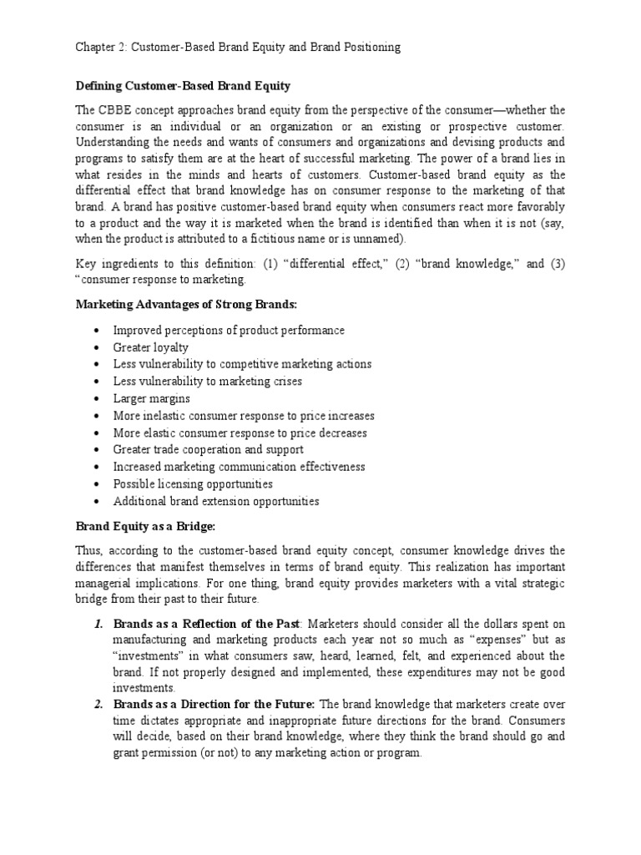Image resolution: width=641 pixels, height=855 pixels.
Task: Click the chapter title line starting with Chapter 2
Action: coord(238,48)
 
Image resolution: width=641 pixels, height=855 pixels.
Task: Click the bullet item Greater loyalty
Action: coord(150,347)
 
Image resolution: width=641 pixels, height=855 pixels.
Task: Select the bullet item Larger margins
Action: coord(151,398)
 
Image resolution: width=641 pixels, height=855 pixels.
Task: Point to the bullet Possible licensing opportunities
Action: coord(193,483)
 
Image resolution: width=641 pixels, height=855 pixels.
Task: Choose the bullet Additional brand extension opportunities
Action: coord(216,501)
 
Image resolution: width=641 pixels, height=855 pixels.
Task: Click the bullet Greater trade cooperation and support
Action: coord(208,449)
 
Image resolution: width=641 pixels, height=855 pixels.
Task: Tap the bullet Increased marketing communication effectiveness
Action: coord(239,467)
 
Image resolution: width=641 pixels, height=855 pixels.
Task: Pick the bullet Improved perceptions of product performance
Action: coord(229,330)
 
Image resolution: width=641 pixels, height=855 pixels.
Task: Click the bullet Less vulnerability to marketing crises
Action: coord(208,382)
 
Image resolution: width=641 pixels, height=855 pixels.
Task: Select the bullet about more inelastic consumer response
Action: coord(244,416)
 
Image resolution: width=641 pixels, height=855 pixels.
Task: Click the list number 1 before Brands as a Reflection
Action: coord(98,624)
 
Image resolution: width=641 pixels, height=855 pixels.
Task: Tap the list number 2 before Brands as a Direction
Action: coord(98,705)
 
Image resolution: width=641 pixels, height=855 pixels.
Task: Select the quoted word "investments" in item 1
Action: coord(147,655)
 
